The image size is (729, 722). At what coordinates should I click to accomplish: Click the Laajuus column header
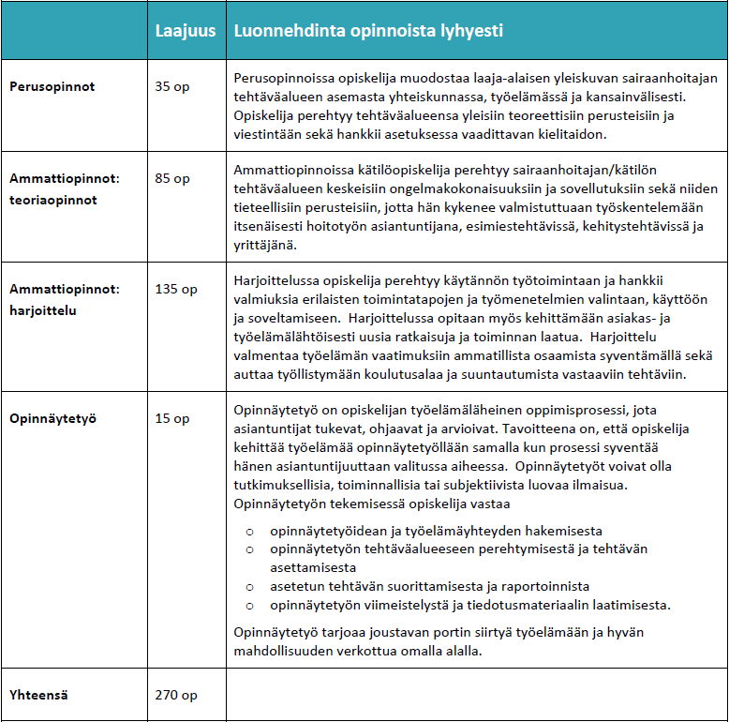pos(184,31)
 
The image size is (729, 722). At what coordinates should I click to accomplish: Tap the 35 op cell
pos(172,87)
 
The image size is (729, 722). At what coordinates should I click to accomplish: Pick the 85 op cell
pos(172,178)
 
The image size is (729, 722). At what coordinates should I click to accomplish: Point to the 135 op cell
pos(176,289)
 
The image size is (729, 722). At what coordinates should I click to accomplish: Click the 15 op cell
pos(172,418)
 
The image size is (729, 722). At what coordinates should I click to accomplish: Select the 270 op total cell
pos(176,695)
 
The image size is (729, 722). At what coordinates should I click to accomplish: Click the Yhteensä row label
pos(40,695)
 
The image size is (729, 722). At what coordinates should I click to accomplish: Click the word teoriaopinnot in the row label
pos(53,200)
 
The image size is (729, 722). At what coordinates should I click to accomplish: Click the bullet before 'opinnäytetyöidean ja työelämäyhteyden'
pos(250,531)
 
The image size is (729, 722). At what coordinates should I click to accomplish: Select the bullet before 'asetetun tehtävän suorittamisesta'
pos(250,585)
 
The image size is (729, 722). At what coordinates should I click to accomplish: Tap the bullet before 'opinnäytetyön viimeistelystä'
pos(250,603)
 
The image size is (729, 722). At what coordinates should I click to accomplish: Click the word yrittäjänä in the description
pos(263,245)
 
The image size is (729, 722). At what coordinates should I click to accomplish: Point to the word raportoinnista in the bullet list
pos(546,585)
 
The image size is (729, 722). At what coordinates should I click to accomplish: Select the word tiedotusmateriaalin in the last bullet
pos(513,603)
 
